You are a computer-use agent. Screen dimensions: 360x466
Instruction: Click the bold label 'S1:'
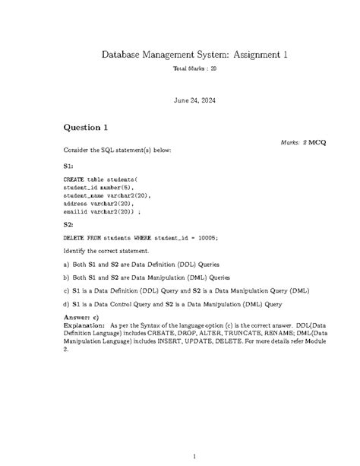(x=68, y=164)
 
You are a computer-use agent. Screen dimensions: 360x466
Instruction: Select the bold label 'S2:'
(x=68, y=224)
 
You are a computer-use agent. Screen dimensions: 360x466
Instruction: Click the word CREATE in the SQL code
(x=74, y=179)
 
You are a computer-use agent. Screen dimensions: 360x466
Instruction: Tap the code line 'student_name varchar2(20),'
(x=107, y=195)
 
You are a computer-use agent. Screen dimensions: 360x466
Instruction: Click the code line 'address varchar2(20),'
(x=98, y=203)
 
